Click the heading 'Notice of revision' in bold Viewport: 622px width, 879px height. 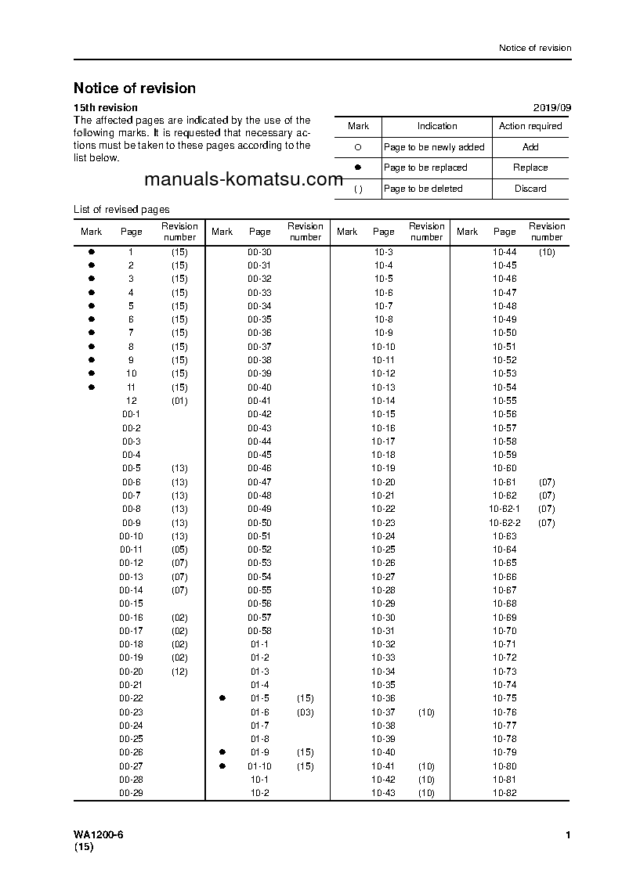[135, 88]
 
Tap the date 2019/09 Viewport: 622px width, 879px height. [552, 108]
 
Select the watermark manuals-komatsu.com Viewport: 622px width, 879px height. [244, 179]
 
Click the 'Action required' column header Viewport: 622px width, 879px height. [530, 126]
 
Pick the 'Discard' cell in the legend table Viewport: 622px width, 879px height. [530, 189]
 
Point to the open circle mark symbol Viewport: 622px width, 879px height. [358, 147]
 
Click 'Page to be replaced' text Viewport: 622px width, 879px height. [425, 168]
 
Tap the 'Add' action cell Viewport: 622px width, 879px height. [530, 147]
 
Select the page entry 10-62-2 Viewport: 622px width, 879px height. [504, 523]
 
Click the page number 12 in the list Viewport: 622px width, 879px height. [131, 401]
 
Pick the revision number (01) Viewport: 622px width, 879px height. [179, 401]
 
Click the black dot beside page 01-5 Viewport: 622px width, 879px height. [222, 697]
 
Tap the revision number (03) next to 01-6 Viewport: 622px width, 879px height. [305, 712]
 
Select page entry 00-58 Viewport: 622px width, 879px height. [259, 631]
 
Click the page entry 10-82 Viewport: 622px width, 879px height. [504, 794]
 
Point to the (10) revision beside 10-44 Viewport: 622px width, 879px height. [547, 252]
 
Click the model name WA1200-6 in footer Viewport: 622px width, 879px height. [98, 835]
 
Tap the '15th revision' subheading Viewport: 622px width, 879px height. [106, 108]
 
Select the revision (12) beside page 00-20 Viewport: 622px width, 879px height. [179, 672]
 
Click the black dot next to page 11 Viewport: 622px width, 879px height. [92, 387]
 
